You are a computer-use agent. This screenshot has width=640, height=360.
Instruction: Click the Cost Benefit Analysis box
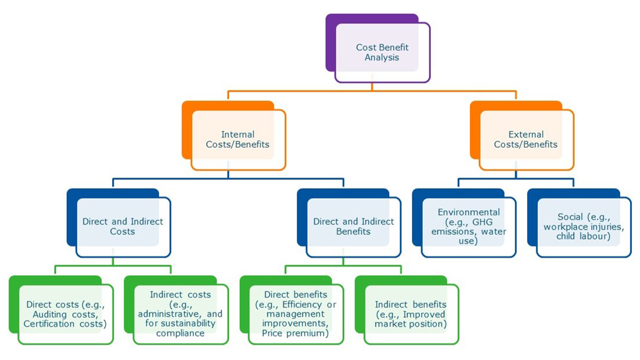(x=382, y=52)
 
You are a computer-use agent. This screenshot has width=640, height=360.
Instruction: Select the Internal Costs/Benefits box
(x=237, y=139)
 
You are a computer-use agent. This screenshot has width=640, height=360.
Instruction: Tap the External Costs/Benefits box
(x=526, y=139)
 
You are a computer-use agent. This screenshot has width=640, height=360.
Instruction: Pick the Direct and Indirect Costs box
(x=122, y=227)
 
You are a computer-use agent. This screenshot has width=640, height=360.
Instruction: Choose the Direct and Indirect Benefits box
(x=353, y=227)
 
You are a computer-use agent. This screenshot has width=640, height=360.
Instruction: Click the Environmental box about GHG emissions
(x=468, y=227)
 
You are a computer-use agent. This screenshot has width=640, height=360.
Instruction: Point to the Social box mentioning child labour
(x=583, y=227)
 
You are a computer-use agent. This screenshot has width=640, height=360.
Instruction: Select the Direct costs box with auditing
(x=65, y=314)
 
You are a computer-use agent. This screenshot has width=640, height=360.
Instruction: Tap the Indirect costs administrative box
(x=180, y=314)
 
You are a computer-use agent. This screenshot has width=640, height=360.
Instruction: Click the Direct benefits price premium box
(x=295, y=314)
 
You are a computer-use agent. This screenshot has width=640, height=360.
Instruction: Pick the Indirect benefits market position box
(x=410, y=314)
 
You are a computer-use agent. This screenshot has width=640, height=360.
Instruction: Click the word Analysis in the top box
(x=382, y=58)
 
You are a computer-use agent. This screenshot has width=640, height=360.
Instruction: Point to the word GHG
(x=482, y=222)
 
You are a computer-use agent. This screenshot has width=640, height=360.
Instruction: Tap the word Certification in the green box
(x=49, y=324)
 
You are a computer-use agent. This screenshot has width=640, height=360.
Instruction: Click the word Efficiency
(x=302, y=305)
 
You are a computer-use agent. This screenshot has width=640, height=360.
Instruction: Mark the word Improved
(x=424, y=314)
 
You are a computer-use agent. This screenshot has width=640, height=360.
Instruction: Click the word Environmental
(x=469, y=212)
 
